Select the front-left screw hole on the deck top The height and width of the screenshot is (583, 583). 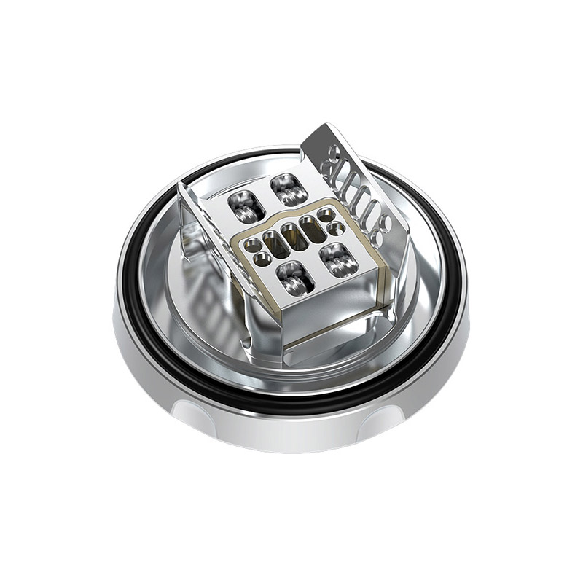click(294, 278)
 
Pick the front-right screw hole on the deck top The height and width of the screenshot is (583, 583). click(337, 257)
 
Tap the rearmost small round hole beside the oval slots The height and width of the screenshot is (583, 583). click(329, 214)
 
